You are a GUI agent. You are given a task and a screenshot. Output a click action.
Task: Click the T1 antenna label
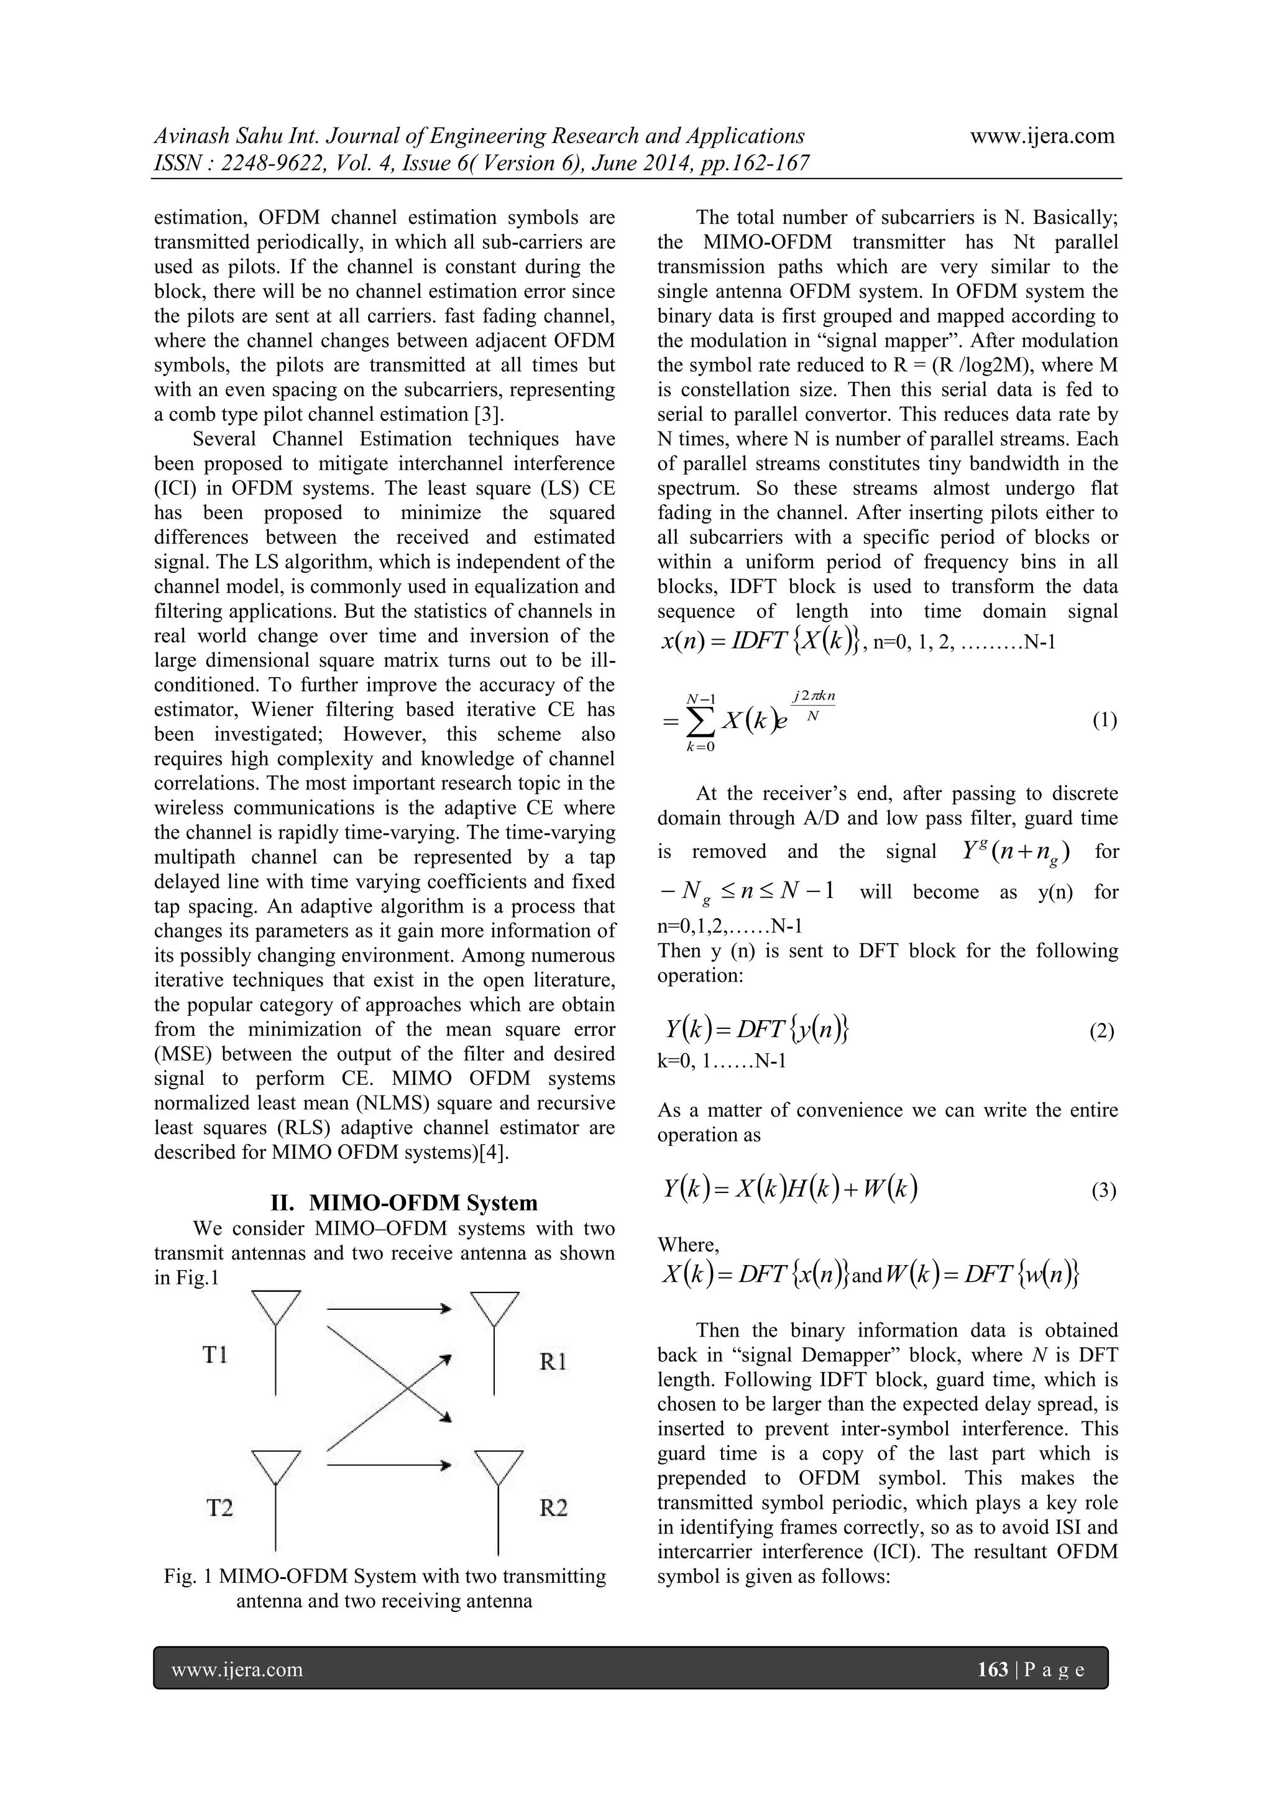215,1355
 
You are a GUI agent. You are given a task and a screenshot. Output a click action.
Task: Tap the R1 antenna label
553,1361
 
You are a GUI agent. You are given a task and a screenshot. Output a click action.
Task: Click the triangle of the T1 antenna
275,1307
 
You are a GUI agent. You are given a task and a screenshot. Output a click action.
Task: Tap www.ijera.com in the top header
1042,136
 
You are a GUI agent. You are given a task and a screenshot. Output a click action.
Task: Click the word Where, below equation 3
688,1245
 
